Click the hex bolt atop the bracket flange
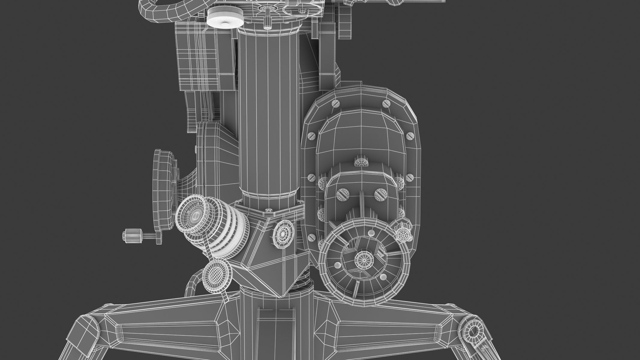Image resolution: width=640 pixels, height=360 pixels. (268, 212)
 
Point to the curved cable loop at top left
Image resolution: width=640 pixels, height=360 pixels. (156, 9)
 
